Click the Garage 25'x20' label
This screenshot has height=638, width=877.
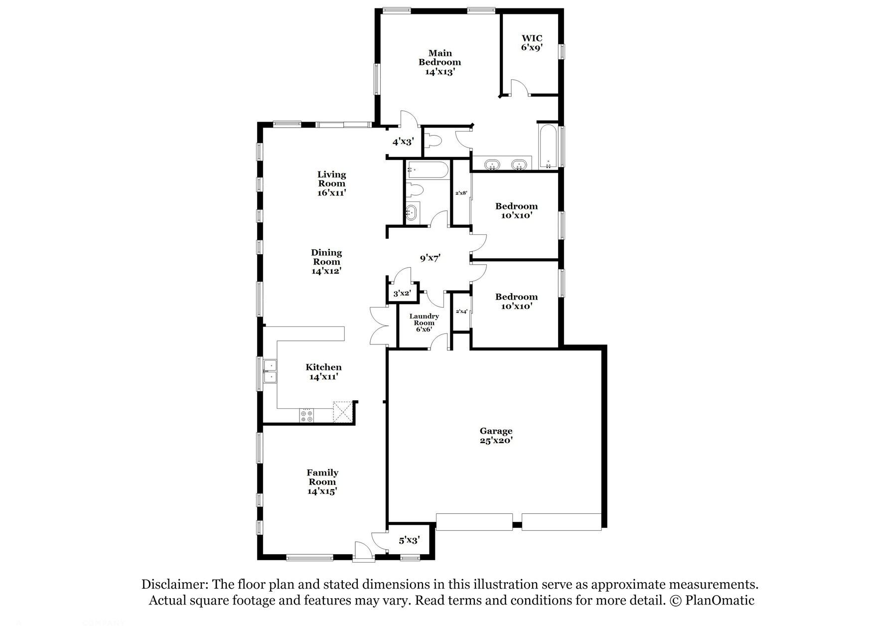pos(496,436)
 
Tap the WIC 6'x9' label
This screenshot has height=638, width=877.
pos(531,43)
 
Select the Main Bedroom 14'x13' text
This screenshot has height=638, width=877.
pos(439,62)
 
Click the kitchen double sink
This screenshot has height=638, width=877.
pos(270,372)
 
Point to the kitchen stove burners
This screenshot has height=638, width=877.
pos(307,416)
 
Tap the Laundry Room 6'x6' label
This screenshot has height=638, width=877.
pos(424,322)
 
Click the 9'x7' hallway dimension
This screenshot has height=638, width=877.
pos(430,258)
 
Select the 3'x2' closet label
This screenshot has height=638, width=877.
pos(402,294)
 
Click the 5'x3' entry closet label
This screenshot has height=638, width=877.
pos(409,540)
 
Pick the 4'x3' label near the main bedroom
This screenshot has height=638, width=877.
pos(403,142)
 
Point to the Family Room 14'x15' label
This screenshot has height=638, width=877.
pos(322,481)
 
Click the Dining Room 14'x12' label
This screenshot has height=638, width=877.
pos(326,262)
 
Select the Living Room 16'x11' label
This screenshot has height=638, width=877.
pos(332,183)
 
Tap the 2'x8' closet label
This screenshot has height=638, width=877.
pos(461,193)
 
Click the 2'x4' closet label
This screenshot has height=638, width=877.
pos(461,312)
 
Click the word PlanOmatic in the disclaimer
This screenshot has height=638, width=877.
pos(720,601)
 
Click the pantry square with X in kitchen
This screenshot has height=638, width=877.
pos(342,412)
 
